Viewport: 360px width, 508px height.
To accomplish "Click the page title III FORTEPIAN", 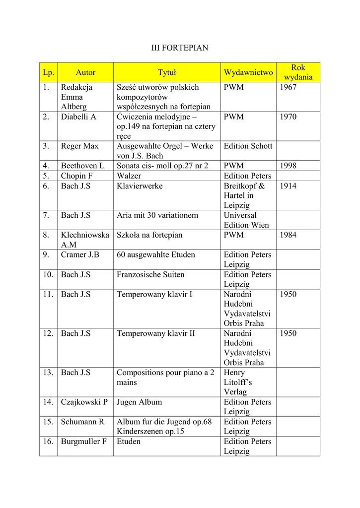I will [x=180, y=48].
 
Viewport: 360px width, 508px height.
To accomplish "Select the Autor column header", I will [x=85, y=72].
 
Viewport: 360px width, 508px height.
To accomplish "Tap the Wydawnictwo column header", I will [x=248, y=72].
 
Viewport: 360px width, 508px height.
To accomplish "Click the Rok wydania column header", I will [x=298, y=72].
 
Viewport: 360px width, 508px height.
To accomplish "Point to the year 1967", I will [x=288, y=87].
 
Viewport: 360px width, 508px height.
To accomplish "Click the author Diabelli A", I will [x=78, y=117].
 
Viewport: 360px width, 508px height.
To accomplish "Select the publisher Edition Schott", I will [x=248, y=146].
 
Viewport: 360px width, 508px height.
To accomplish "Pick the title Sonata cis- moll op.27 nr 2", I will [x=162, y=166].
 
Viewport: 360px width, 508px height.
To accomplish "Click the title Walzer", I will [x=129, y=176].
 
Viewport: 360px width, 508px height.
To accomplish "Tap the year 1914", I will [x=288, y=186].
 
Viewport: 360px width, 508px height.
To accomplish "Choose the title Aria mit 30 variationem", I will [x=157, y=215].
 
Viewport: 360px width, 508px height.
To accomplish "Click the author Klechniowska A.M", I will [x=84, y=240].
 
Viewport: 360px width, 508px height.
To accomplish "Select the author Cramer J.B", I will [x=80, y=254].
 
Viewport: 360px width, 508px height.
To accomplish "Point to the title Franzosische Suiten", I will [x=150, y=274].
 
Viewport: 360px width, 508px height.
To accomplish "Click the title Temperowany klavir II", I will [x=155, y=333].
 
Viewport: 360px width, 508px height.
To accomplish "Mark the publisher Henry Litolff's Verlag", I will [x=238, y=382].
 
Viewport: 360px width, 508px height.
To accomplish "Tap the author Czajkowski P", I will [x=84, y=402].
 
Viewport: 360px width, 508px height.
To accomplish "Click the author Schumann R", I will [x=82, y=422].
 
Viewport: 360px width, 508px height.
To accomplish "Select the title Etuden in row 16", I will [x=129, y=442].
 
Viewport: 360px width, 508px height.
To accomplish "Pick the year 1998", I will [x=288, y=166].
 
